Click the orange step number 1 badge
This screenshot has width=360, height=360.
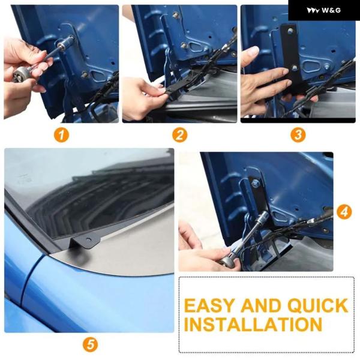tap(61, 135)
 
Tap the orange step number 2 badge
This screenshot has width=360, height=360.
tap(180, 135)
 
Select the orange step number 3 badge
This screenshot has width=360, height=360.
tap(298, 135)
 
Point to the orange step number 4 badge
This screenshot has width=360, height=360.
tap(344, 212)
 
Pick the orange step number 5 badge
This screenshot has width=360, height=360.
tap(90, 344)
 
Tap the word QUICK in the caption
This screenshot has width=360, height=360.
tap(318, 305)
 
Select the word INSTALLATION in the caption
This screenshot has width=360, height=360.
tap(253, 325)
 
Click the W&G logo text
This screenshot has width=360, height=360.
tap(331, 10)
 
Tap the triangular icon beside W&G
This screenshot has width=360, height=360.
tap(313, 11)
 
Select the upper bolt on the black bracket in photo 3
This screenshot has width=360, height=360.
tap(290, 31)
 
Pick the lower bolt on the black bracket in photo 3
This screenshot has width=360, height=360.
tap(295, 67)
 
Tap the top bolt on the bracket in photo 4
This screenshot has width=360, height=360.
tap(256, 183)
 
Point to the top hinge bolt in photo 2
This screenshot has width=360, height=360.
tap(176, 16)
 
